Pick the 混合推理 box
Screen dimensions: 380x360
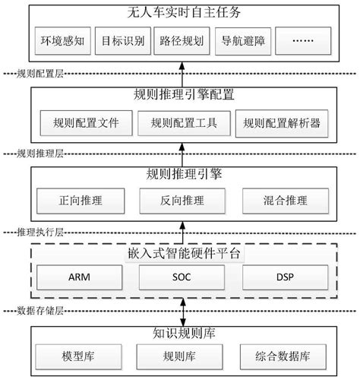tap(283, 201)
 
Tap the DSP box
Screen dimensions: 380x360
tap(283, 279)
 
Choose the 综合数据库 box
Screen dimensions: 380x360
tap(283, 355)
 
